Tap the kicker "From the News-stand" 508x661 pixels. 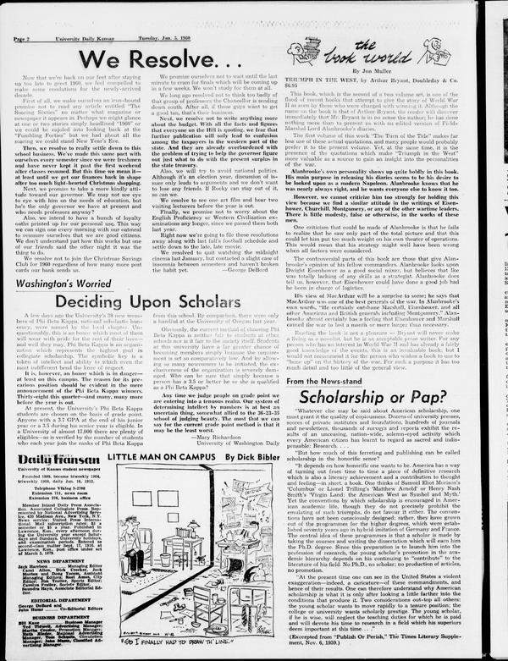[328, 383]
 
